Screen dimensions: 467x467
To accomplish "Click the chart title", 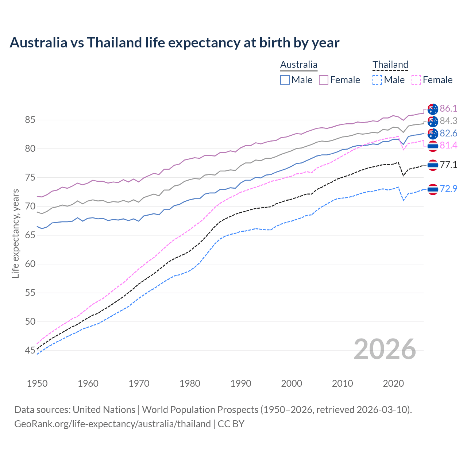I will (x=174, y=43).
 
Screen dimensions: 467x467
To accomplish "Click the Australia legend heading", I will (x=298, y=65).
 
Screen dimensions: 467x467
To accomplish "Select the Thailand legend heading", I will (x=390, y=65).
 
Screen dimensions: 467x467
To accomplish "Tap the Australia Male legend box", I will (x=285, y=80).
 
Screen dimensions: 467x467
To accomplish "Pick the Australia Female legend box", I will (x=324, y=80).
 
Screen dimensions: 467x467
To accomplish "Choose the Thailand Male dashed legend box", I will (x=377, y=80).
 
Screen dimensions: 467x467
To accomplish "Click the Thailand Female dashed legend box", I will (x=416, y=80).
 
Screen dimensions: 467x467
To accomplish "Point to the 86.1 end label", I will (x=448, y=109).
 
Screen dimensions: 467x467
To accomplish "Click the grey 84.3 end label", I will (x=448, y=121).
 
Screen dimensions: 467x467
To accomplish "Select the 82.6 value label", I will (x=448, y=134).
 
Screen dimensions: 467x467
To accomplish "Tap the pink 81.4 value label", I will (x=448, y=146).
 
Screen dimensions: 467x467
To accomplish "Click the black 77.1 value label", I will (x=448, y=165).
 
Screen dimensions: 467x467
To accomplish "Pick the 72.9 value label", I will (x=448, y=189).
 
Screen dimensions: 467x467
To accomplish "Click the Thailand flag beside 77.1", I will (x=433, y=165).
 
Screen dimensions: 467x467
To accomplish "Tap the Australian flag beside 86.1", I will (x=433, y=109).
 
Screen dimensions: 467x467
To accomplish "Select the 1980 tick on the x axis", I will (x=190, y=383).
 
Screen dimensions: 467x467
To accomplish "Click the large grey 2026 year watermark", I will (x=385, y=350).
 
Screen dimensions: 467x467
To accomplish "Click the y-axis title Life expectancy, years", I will (x=16, y=233).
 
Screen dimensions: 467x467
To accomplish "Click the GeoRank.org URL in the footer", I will (x=112, y=424).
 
